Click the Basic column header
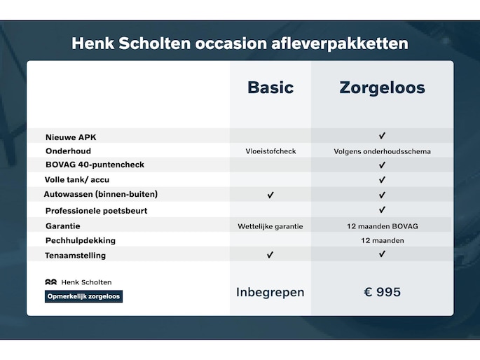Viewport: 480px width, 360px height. [x=270, y=88]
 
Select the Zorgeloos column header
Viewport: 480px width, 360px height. [x=382, y=88]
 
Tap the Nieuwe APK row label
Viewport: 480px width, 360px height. [x=71, y=137]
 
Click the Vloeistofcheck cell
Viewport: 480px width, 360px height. [x=270, y=151]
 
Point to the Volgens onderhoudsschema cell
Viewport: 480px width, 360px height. [x=382, y=151]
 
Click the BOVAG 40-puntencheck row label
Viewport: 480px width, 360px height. [x=95, y=165]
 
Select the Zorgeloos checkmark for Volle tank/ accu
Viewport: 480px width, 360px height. [x=382, y=179]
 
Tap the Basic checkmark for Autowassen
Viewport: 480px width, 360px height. [x=270, y=195]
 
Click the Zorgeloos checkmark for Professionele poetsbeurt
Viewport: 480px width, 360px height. [x=382, y=209]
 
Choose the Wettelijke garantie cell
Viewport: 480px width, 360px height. [x=270, y=226]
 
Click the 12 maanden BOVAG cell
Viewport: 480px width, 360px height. [x=383, y=226]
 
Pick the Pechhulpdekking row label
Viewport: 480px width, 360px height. [x=81, y=241]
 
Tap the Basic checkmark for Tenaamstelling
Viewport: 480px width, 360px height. [x=270, y=255]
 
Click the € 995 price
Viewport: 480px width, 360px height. [x=382, y=292]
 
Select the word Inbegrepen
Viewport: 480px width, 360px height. [x=270, y=292]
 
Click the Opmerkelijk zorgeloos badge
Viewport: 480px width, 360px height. [x=83, y=296]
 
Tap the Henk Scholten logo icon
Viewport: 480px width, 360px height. [x=51, y=282]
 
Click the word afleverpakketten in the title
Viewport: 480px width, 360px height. [x=339, y=43]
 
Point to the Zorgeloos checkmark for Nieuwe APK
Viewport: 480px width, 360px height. [x=382, y=135]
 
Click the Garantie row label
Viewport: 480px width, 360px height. [x=63, y=226]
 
